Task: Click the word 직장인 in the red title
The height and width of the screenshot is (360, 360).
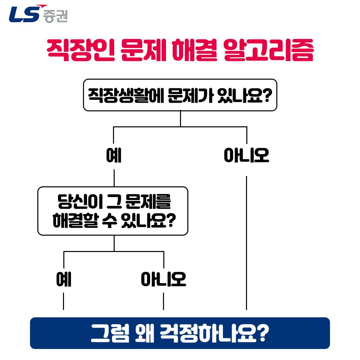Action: tap(81, 50)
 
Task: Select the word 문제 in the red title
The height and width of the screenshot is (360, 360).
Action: tap(143, 50)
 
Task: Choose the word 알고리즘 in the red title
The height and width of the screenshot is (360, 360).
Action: tap(268, 50)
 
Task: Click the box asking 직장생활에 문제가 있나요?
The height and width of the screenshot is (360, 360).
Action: tap(180, 95)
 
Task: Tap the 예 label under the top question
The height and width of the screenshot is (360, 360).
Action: tap(114, 155)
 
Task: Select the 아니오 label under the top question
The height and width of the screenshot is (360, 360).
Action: tap(246, 155)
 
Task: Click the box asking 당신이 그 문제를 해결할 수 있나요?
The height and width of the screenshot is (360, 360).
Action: tap(113, 211)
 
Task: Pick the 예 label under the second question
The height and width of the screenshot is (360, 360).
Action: tap(64, 279)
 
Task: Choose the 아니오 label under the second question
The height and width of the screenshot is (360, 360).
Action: tap(163, 279)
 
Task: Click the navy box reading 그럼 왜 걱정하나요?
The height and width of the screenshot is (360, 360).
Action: tap(180, 333)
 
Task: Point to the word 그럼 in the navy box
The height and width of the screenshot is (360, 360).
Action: tap(110, 333)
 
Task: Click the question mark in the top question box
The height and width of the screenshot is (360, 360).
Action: tap(267, 95)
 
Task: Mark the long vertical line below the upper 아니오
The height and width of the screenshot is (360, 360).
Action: tap(247, 243)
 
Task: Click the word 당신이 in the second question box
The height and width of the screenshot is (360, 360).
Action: tap(80, 201)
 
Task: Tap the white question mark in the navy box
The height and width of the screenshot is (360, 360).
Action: tap(263, 333)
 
